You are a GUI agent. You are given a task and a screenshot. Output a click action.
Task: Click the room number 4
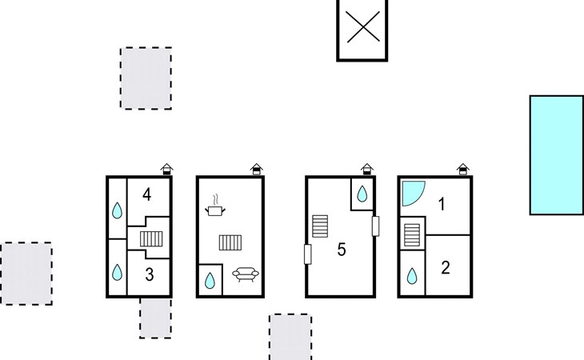[146, 194]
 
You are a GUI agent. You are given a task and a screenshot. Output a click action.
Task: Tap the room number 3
[150, 274]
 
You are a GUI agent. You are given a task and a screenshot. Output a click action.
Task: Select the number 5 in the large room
[342, 250]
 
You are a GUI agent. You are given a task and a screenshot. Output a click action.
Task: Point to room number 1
[442, 204]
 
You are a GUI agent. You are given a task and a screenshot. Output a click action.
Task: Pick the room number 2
[446, 268]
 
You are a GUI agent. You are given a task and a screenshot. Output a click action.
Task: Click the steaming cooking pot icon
[215, 205]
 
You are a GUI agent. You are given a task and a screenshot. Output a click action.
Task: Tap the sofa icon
[246, 274]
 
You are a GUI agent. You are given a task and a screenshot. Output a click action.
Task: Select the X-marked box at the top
[362, 30]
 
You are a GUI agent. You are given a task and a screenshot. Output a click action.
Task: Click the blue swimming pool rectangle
[557, 155]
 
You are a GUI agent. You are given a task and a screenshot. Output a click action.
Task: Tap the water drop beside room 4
[117, 210]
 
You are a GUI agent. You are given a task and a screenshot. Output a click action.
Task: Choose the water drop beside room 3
[117, 272]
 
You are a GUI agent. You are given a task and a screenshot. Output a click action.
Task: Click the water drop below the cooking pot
[210, 280]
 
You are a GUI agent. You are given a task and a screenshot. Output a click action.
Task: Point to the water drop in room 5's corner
[362, 194]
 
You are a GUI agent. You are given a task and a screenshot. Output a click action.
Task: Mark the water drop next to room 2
[411, 276]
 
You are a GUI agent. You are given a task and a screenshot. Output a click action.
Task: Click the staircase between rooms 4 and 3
[151, 239]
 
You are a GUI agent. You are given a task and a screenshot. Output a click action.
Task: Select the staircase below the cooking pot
[230, 242]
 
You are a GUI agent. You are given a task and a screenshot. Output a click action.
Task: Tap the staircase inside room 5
[320, 226]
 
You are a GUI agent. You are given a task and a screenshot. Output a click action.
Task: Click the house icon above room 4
[167, 169]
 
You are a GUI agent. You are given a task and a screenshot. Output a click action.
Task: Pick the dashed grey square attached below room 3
[156, 318]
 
